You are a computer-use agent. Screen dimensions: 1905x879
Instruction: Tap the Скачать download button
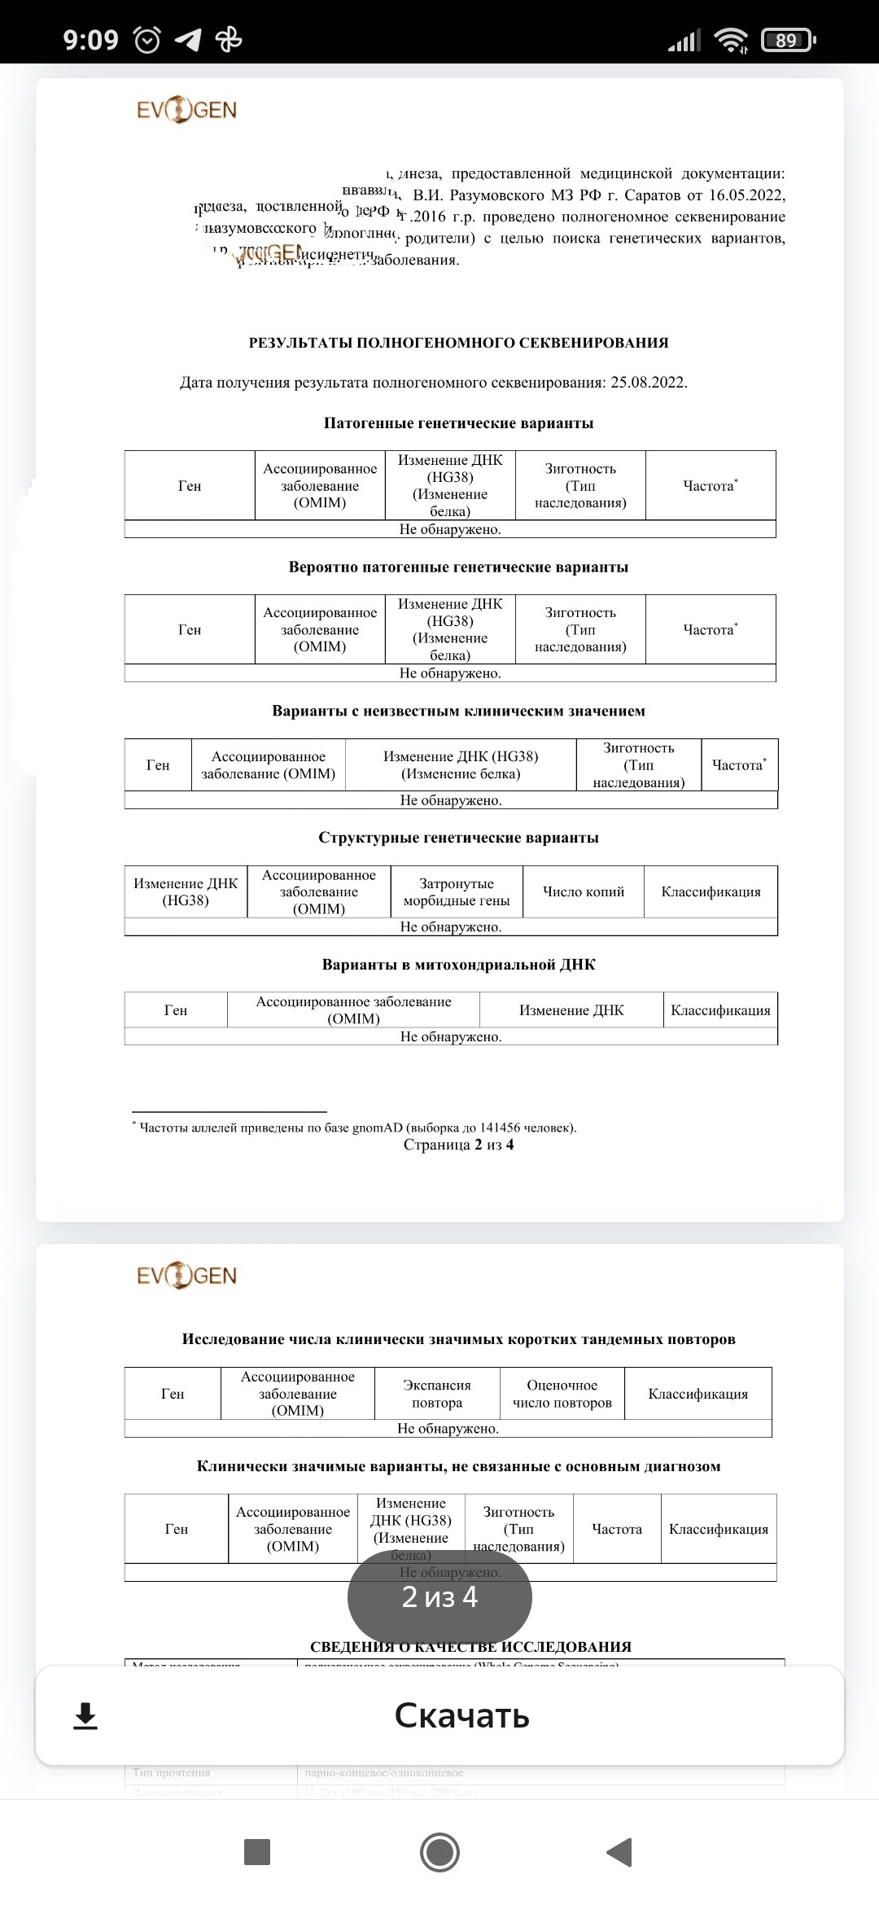tap(461, 1716)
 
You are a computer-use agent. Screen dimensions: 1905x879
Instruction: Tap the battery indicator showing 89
tap(787, 40)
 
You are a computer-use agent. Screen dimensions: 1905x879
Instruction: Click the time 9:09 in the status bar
tap(90, 40)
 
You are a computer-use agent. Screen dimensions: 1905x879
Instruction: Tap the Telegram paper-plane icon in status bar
tap(188, 40)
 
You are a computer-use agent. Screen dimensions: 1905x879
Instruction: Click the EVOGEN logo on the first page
tap(186, 111)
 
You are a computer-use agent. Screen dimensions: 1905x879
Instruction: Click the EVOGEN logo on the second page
tap(186, 1276)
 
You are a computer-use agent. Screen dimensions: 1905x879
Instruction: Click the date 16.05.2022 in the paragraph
tap(746, 195)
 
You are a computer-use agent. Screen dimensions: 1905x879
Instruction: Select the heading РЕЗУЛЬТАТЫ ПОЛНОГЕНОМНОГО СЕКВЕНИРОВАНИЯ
tap(458, 343)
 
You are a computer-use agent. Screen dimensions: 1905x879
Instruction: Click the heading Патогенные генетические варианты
tap(458, 423)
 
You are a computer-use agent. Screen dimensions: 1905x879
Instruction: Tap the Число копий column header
tap(584, 891)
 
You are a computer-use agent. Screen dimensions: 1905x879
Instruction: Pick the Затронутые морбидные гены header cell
tap(457, 891)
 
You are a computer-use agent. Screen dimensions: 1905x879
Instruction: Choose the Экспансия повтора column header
tap(437, 1394)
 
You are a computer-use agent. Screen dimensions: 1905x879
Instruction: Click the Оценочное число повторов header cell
tap(562, 1394)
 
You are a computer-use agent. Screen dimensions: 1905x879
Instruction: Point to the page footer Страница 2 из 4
tap(458, 1145)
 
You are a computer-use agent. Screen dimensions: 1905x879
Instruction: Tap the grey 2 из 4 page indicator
tap(439, 1597)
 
